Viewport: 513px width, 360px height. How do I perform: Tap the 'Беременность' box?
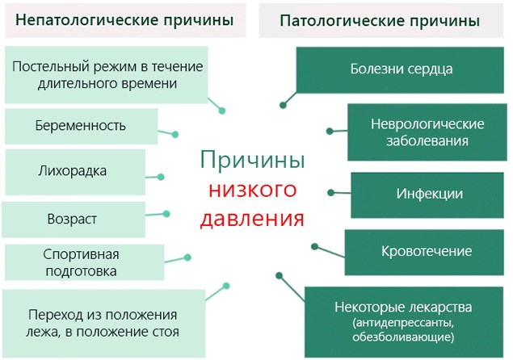[80, 126]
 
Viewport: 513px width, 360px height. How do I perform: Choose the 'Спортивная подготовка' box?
[80, 262]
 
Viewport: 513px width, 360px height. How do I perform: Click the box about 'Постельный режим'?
[107, 73]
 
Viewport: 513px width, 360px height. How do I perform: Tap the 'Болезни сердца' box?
[401, 69]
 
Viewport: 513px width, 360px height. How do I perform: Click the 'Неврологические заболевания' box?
[427, 132]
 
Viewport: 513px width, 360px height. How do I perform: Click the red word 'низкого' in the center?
[251, 190]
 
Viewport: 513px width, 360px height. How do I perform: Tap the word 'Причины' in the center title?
[252, 161]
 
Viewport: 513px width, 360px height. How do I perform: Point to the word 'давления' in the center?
[252, 218]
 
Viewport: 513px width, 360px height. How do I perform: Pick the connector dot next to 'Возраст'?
[167, 214]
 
